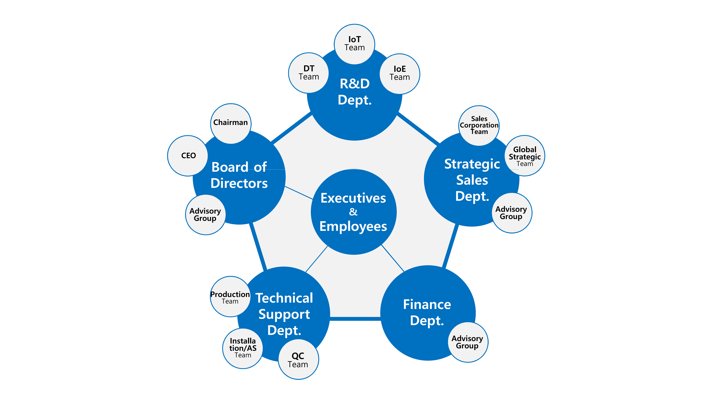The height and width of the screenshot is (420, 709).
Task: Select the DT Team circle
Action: pyautogui.click(x=309, y=73)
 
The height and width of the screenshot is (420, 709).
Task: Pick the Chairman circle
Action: pyautogui.click(x=231, y=124)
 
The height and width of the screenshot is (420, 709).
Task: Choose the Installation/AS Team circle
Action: pyautogui.click(x=243, y=348)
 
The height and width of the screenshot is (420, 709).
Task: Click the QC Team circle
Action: pyautogui.click(x=299, y=359)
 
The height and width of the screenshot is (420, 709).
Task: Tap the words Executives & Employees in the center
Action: pyautogui.click(x=353, y=212)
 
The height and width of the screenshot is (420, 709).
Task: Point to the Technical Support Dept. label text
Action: pyautogui.click(x=284, y=314)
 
